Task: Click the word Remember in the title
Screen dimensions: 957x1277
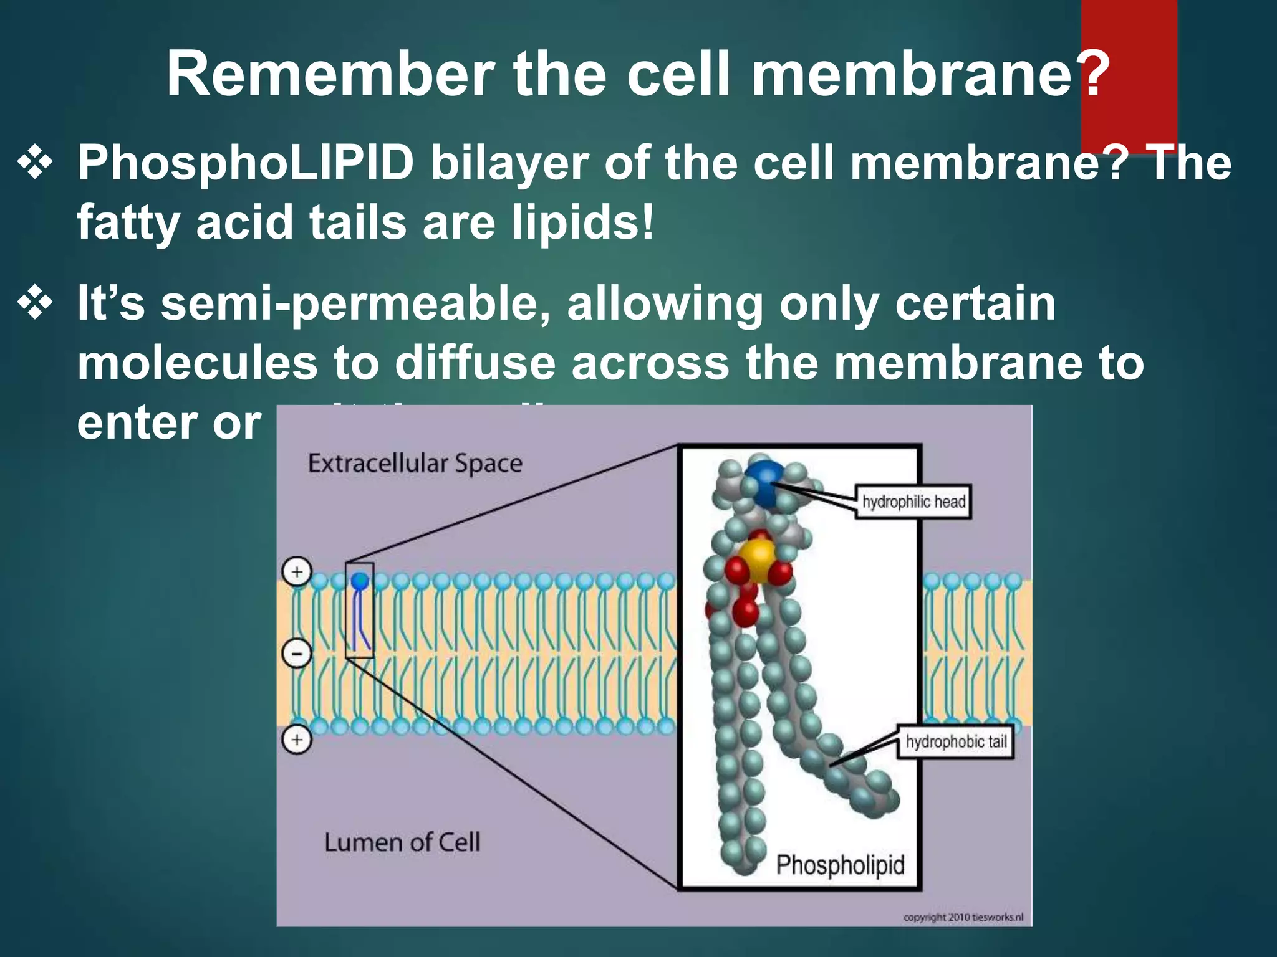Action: click(x=330, y=74)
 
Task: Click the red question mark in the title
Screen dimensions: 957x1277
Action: click(x=1091, y=74)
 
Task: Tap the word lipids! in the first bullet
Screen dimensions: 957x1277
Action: click(x=582, y=222)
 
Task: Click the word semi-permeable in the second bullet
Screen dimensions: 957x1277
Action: click(x=355, y=304)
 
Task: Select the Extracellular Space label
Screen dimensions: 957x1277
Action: click(x=415, y=464)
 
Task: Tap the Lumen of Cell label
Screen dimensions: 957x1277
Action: click(x=402, y=842)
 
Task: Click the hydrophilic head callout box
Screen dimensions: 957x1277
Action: click(x=913, y=502)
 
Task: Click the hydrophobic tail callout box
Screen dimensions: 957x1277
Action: click(x=955, y=741)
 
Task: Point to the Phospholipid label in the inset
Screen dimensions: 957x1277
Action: click(x=839, y=865)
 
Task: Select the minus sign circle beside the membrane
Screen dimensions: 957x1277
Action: click(x=297, y=654)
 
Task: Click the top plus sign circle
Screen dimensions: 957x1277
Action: click(x=297, y=571)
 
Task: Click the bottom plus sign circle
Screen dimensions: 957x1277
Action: click(x=297, y=740)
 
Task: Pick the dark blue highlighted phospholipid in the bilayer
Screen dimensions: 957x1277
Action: click(x=360, y=611)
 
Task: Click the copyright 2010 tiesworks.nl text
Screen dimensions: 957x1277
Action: click(x=963, y=917)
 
